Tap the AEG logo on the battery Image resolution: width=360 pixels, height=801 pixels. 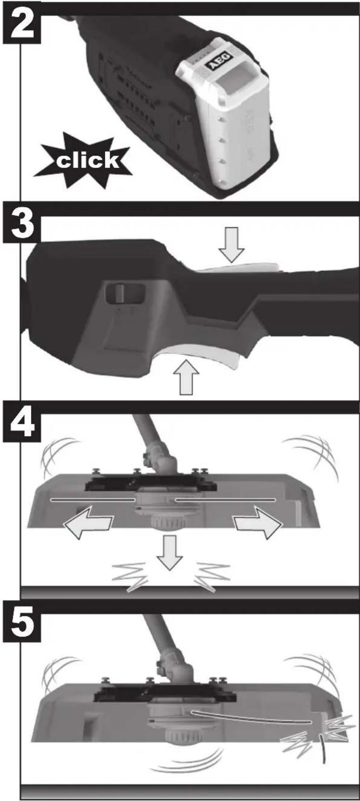point(220,62)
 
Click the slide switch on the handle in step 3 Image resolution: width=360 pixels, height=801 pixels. point(121,293)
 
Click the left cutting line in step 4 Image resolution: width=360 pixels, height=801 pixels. point(93,500)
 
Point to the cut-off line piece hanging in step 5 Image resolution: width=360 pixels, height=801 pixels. point(323,749)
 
